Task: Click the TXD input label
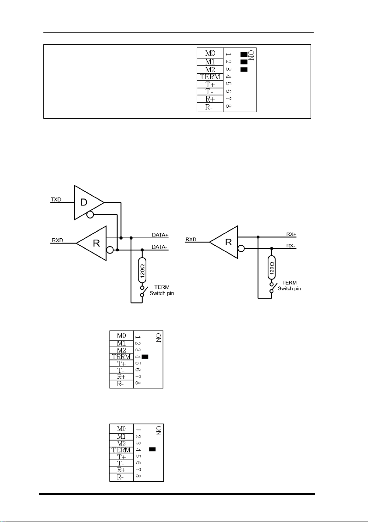coord(56,200)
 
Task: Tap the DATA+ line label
coord(160,235)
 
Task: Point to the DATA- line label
coord(159,247)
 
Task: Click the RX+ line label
coord(291,234)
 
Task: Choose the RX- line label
coord(291,246)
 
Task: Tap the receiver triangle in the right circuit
coord(224,242)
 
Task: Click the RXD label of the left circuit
coord(57,240)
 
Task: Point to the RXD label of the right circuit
coord(191,240)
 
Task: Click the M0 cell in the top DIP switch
coord(210,53)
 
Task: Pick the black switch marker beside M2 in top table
coord(244,69)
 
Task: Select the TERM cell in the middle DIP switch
coord(121,357)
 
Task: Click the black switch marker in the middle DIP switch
coord(145,357)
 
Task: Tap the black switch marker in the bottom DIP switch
coord(152,449)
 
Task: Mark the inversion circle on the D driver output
coord(89,215)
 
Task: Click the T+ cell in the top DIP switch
coord(210,85)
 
